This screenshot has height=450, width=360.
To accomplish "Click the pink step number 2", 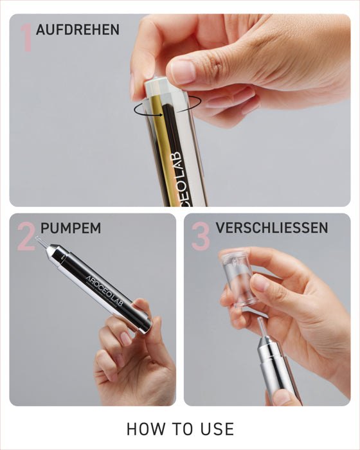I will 26,237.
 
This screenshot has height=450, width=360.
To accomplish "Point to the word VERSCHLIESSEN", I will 272,228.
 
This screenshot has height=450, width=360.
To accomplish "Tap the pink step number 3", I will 201,237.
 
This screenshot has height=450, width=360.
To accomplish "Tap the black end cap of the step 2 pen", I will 143,322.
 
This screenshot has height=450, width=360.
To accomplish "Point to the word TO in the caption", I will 181,429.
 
